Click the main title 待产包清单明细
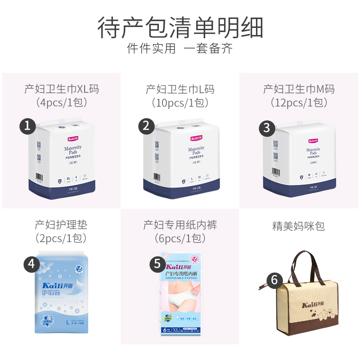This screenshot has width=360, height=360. (180, 27)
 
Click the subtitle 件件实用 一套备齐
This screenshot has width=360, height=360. (180, 49)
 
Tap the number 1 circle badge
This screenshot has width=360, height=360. (28, 126)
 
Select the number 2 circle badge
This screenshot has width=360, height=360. (146, 126)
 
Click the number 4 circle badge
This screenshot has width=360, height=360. (31, 264)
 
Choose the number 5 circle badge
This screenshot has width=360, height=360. (157, 264)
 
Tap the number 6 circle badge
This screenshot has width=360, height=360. (274, 280)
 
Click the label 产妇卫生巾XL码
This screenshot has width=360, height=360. (61, 89)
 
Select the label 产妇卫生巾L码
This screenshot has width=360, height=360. (180, 89)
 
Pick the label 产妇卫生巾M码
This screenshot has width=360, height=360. (299, 89)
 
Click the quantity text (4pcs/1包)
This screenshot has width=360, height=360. (61, 103)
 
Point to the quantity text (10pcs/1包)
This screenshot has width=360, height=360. (180, 103)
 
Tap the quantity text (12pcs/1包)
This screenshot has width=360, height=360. (299, 103)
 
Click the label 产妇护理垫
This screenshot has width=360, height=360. (61, 224)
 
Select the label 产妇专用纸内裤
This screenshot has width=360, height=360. (180, 224)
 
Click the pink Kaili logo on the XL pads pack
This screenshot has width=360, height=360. (73, 140)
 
